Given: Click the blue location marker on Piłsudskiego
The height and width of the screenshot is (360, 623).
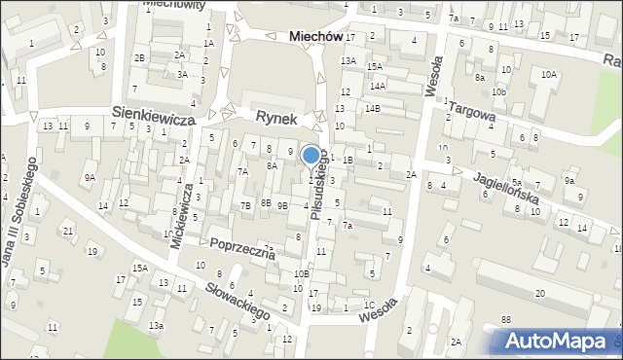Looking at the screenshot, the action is pyautogui.click(x=311, y=155).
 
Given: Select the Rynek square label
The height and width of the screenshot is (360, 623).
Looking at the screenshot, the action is pyautogui.click(x=275, y=116).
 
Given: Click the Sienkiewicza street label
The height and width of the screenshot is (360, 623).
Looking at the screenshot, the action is pyautogui.click(x=154, y=115).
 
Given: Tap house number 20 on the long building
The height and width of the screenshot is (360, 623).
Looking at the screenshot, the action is pyautogui.click(x=539, y=293).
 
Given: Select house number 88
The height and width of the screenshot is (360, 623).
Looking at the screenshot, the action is pyautogui.click(x=505, y=319).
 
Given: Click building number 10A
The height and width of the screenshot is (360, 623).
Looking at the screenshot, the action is pyautogui.click(x=550, y=74).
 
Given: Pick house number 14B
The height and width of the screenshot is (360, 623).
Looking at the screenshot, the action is pyautogui.click(x=373, y=108).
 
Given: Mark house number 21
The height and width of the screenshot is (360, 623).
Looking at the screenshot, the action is pyautogui.click(x=68, y=230).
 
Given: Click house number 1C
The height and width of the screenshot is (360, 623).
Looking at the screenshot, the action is pyautogui.click(x=368, y=305).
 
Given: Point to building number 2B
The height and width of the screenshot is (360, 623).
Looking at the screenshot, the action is pyautogui.click(x=140, y=58).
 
